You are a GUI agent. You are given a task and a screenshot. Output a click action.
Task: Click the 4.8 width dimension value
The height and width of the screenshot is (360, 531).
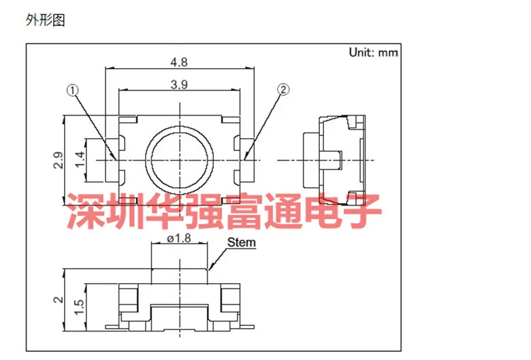click(179, 63)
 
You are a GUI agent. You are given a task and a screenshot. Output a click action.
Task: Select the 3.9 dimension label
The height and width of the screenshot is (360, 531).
click(179, 84)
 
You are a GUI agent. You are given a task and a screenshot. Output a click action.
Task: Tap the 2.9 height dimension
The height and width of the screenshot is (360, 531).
click(59, 160)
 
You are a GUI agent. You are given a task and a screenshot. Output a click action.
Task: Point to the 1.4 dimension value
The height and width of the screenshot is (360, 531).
click(80, 159)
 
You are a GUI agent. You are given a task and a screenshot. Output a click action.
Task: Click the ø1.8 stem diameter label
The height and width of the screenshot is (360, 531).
click(179, 238)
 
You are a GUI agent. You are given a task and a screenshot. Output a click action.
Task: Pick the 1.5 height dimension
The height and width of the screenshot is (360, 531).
click(80, 307)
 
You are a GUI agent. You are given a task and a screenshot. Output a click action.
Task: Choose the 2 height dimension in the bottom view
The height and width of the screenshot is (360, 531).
click(59, 299)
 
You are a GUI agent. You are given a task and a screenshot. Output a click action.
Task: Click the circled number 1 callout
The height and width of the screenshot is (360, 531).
click(72, 91)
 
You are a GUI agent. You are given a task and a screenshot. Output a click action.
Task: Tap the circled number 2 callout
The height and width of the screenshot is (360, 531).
click(283, 89)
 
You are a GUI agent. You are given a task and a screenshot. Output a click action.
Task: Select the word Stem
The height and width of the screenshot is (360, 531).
click(242, 242)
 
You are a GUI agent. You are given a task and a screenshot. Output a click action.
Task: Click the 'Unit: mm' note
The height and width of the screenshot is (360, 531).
click(374, 52)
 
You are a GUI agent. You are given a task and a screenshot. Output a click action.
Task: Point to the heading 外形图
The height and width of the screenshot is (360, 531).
click(45, 20)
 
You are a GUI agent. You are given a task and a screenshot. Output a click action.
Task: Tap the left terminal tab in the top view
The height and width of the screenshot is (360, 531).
click(112, 160)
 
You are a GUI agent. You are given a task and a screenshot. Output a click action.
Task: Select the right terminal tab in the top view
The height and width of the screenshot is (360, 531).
click(247, 160)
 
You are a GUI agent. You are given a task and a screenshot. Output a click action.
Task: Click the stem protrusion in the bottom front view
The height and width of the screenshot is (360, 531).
click(180, 276)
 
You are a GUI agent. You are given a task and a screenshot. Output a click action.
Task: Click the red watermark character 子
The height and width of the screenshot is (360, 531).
click(362, 211)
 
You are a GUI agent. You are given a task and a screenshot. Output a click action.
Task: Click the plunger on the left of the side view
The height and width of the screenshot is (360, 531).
click(311, 160)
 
